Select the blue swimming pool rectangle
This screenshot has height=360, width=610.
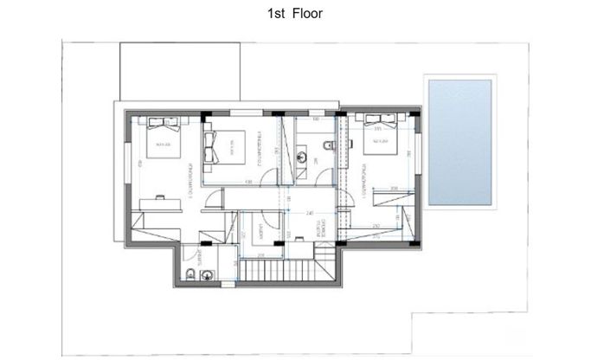[459, 141]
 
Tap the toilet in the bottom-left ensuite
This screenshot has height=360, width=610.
[189, 275]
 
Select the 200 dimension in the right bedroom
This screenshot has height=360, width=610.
[394, 188]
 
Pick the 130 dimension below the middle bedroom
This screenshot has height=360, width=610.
[248, 182]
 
